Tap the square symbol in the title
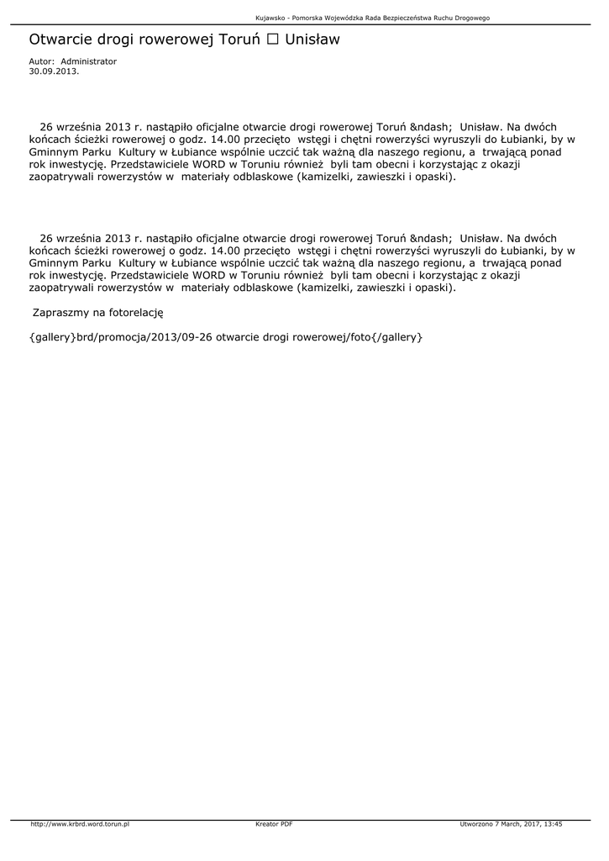click(x=272, y=40)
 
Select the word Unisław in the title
click(x=312, y=40)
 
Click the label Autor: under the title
click(x=41, y=61)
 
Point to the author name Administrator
click(x=89, y=61)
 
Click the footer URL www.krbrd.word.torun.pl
click(x=80, y=824)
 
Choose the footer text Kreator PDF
click(x=274, y=824)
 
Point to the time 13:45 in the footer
click(x=550, y=824)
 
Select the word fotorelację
click(x=135, y=312)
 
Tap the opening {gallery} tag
click(x=51, y=337)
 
